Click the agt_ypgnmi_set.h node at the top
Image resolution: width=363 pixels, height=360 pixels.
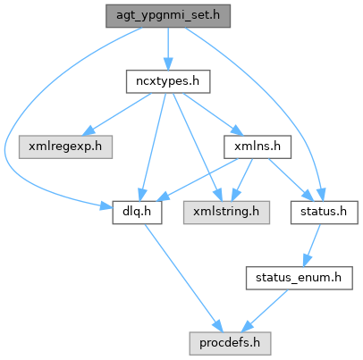tap(168, 16)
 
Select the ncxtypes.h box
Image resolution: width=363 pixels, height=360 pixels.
tap(168, 81)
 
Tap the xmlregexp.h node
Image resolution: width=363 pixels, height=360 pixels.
tap(65, 147)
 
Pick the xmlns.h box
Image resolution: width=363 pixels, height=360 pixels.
tap(257, 147)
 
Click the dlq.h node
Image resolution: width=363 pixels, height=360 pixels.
tap(137, 213)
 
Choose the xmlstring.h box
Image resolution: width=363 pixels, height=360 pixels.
tap(226, 213)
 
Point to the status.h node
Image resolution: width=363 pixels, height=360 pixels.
tap(325, 213)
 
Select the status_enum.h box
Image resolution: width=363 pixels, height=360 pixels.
tap(300, 278)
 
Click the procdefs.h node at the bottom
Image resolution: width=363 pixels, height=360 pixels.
tap(230, 343)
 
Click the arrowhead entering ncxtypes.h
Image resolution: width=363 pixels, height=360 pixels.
tap(168, 64)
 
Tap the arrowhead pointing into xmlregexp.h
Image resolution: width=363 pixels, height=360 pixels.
tap(88, 131)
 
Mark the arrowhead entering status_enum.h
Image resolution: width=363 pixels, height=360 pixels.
tap(307, 261)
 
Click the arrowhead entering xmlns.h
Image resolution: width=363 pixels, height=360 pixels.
tap(237, 131)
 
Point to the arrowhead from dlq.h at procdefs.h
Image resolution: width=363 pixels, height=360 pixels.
tap(218, 327)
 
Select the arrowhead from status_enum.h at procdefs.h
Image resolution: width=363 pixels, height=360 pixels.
tap(247, 326)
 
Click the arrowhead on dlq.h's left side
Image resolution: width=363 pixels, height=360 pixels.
tap(106, 205)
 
